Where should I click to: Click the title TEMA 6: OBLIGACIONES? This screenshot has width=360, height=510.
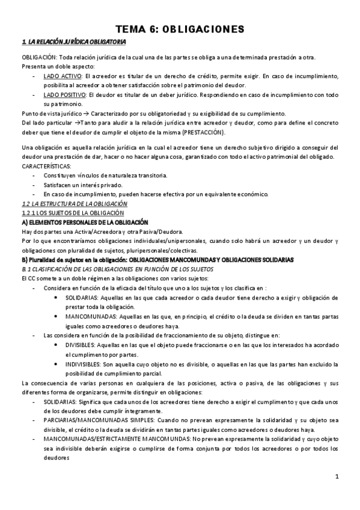[x=180, y=29]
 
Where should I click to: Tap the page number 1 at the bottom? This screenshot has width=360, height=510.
[x=338, y=477]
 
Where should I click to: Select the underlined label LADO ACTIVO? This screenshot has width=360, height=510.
[x=63, y=76]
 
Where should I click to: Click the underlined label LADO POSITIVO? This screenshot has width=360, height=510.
[x=66, y=95]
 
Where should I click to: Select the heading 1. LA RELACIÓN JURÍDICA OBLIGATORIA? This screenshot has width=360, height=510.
[x=73, y=41]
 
